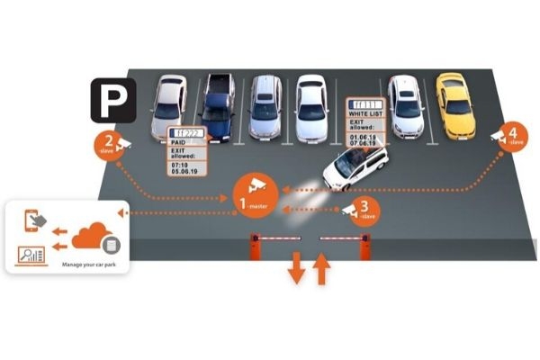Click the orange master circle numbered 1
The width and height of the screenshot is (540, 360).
point(253,192)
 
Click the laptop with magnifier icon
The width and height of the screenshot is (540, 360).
point(32,255)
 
